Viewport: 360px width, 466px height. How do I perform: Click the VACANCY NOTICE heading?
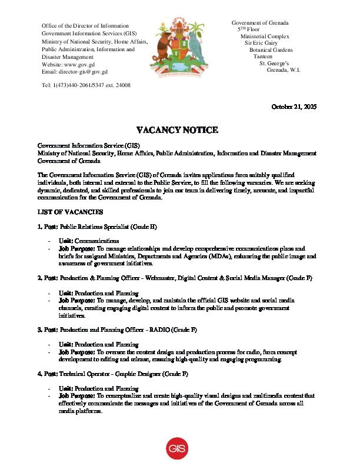pos(177,130)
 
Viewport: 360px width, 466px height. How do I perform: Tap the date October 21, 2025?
pos(294,106)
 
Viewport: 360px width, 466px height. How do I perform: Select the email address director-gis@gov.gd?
pos(83,72)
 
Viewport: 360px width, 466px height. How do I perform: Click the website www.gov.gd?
pos(80,64)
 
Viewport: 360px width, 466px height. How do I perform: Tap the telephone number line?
pos(86,85)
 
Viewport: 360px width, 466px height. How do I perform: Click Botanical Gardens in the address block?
pos(271,50)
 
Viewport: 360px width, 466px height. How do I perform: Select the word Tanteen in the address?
pos(263,56)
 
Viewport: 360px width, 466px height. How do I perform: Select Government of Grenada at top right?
pos(260,22)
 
